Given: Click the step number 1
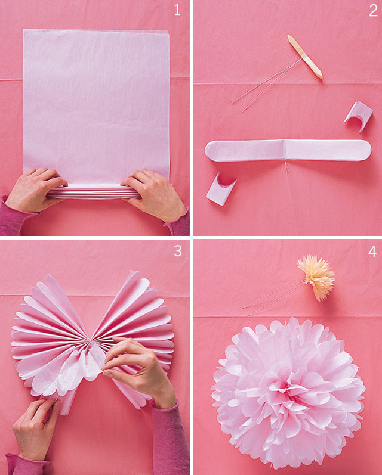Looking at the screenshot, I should [177, 10].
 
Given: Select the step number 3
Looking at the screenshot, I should [177, 251].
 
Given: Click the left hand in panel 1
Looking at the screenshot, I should [36, 190].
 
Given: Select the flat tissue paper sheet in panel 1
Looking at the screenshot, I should [95, 101].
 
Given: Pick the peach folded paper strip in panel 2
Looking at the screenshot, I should [304, 56].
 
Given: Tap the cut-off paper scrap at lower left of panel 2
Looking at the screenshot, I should [220, 190].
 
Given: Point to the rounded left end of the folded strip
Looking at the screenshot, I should [212, 151].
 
